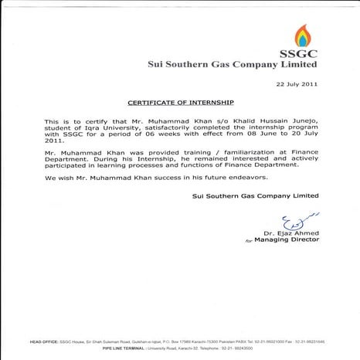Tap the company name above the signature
click(255, 196)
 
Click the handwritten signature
click(297, 221)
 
